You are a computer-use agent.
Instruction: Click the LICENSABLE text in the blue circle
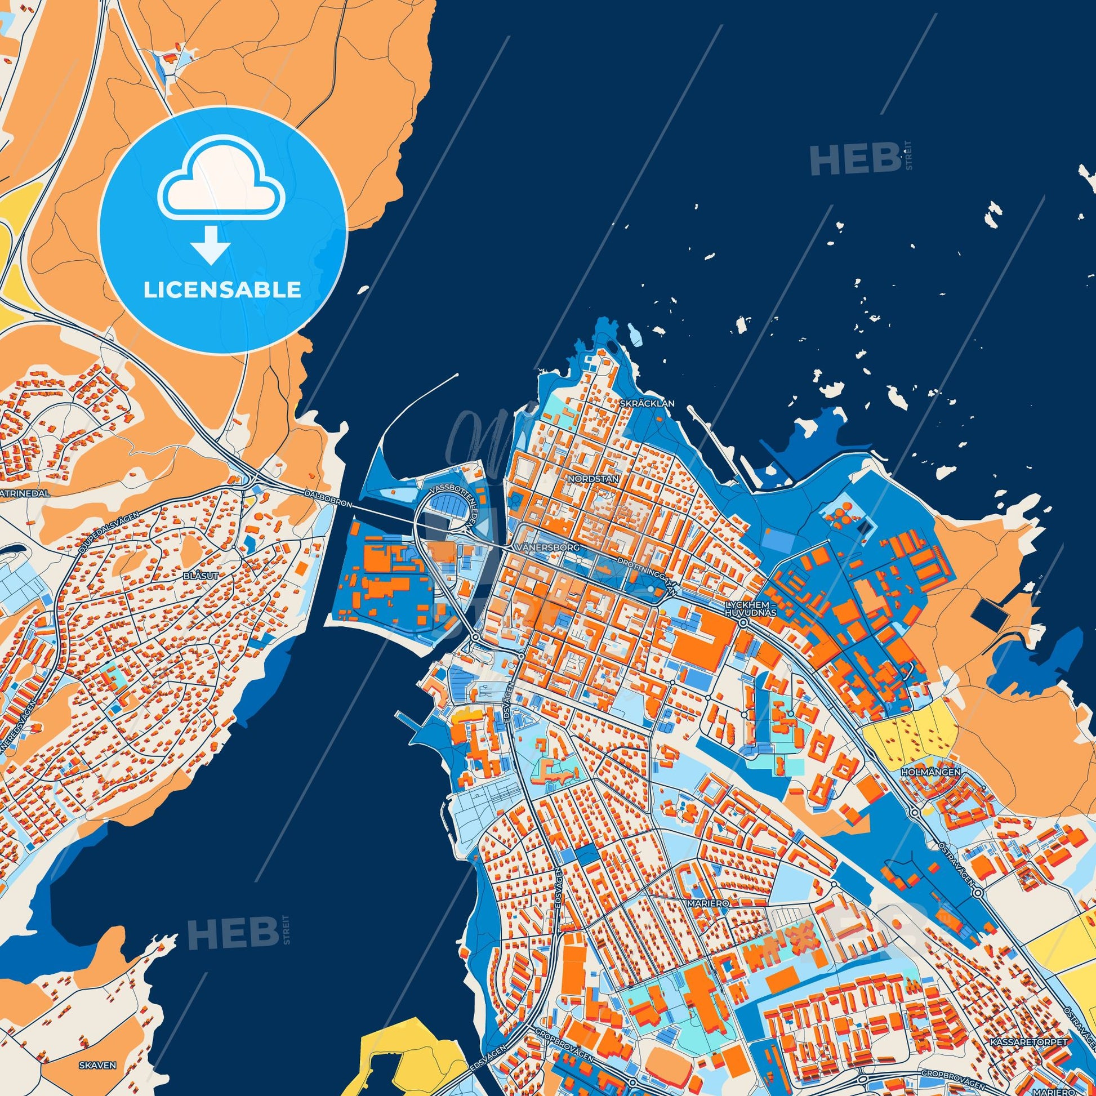(222, 290)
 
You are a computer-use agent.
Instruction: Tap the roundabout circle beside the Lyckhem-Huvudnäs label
(743, 623)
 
